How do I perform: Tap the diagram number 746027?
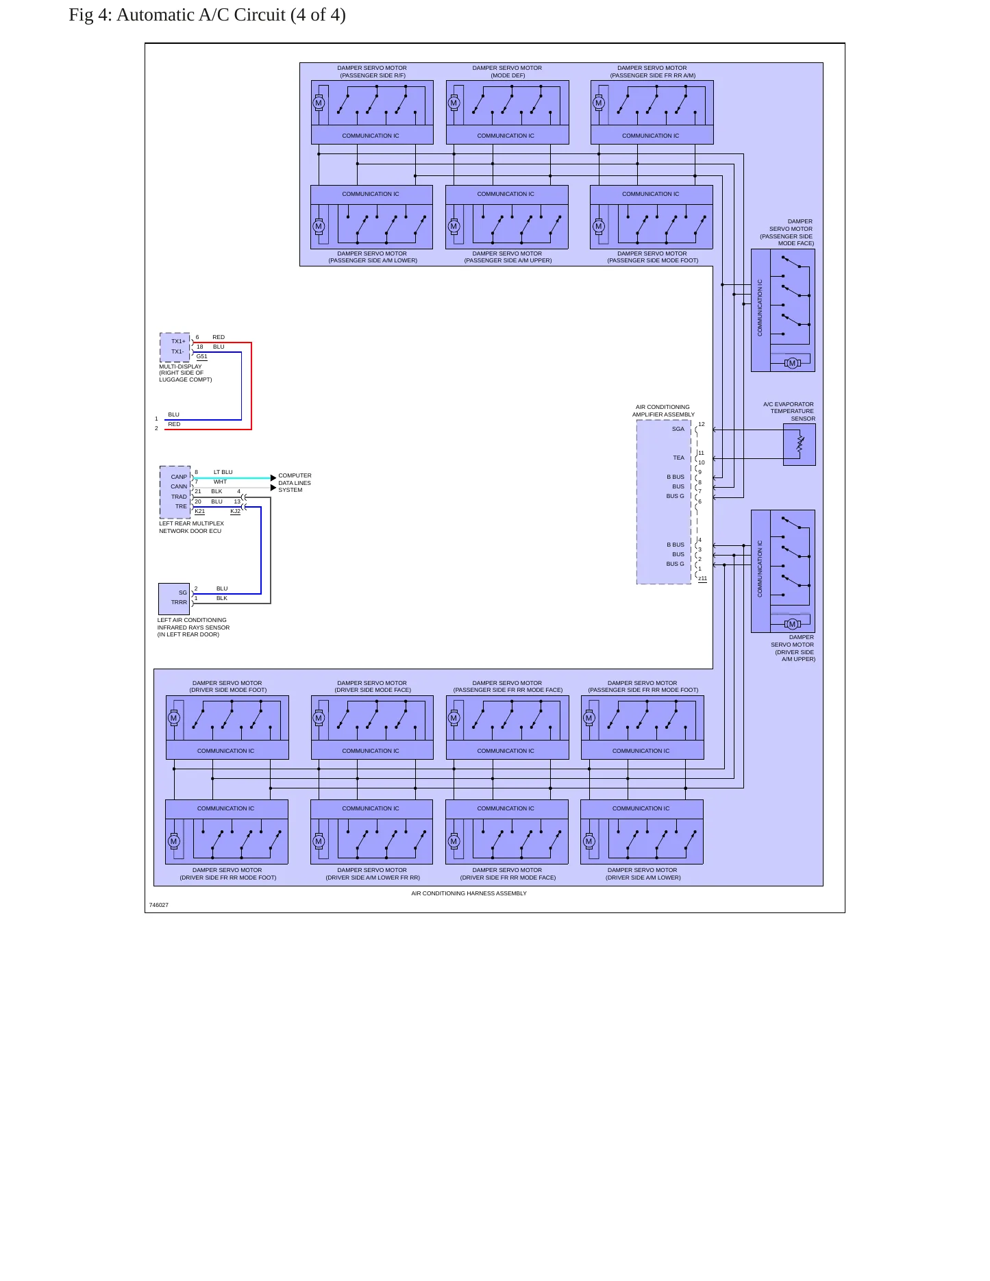coord(159,905)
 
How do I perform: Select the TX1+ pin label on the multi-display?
coord(178,341)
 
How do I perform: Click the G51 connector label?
coord(201,356)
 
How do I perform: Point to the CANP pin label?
coord(179,477)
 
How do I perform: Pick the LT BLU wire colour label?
coord(223,472)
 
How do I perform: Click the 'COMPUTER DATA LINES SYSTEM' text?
coord(295,483)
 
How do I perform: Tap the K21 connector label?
coord(199,511)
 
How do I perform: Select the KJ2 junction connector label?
coord(235,511)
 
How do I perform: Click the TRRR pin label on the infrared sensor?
coord(179,602)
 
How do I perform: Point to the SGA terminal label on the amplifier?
coord(678,429)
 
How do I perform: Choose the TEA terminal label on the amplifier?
coord(678,458)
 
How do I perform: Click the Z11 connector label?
coord(702,579)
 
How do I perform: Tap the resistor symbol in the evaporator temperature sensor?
coord(800,444)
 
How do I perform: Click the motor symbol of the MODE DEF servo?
coord(454,103)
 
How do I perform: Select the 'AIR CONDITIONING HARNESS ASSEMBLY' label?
coord(469,893)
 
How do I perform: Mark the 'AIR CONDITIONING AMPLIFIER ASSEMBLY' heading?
coord(663,410)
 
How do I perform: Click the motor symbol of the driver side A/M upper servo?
coord(793,624)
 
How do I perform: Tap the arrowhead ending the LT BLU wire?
coord(273,478)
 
